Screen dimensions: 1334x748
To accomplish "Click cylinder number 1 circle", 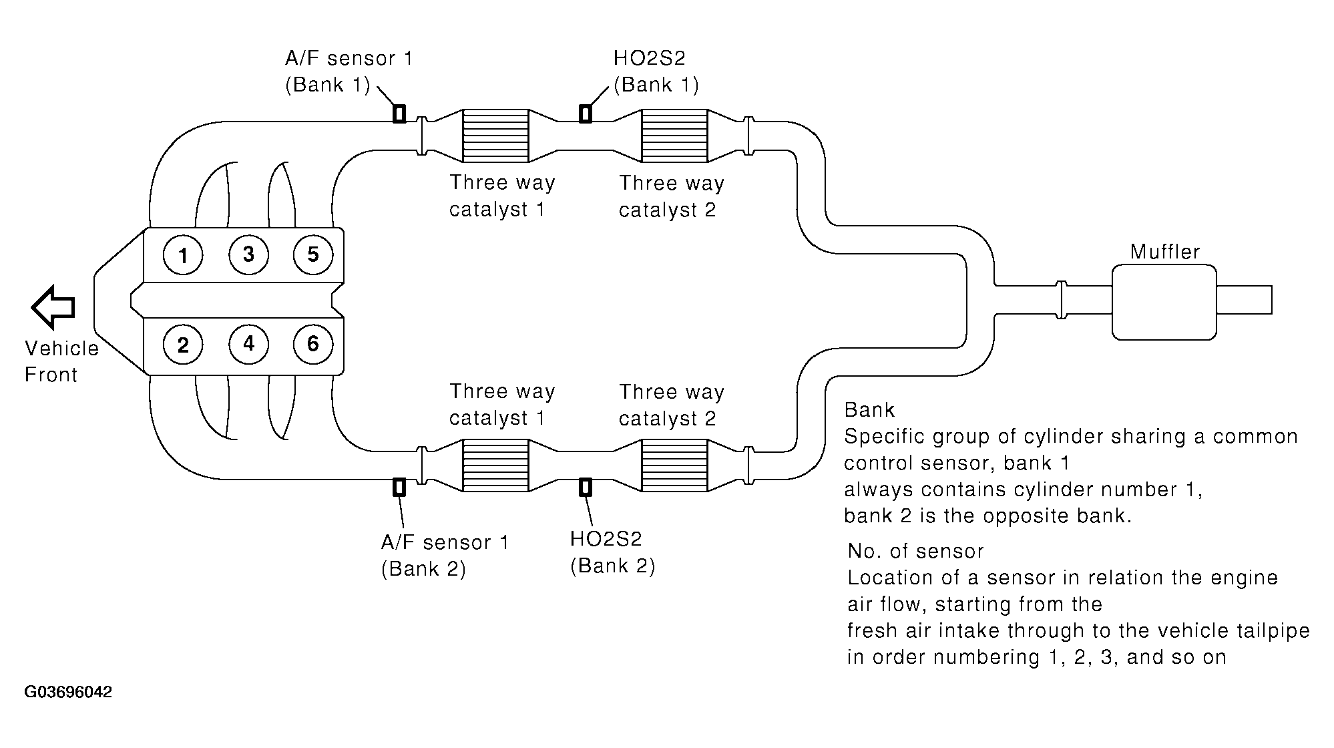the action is tap(183, 255).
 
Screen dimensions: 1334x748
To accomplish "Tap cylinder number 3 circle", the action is tap(248, 254).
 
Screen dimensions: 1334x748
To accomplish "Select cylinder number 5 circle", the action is tap(313, 254).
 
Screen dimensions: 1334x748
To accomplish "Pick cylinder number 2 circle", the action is tap(183, 345).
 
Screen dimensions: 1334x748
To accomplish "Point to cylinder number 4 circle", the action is tap(248, 344).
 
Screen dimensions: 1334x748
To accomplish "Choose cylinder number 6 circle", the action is tap(313, 344).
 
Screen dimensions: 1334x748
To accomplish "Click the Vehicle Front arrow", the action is tap(53, 307).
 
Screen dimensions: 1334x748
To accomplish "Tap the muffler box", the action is tap(1164, 302).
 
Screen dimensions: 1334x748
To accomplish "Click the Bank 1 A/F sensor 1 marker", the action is tap(399, 114).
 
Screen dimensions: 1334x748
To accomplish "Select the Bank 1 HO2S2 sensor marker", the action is tap(585, 114).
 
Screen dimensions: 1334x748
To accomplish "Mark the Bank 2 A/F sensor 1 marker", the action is tap(399, 488).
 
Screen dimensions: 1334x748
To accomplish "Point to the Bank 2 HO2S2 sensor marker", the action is tap(585, 488).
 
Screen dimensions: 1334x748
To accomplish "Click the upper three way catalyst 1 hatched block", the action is tap(495, 136).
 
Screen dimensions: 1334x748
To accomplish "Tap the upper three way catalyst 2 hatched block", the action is tap(674, 136).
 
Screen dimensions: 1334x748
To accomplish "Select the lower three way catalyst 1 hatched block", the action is tap(495, 465).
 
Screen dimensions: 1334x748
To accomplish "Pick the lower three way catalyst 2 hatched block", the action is tap(674, 465).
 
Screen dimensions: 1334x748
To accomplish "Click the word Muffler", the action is tap(1165, 252).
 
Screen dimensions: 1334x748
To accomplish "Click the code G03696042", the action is tap(68, 692).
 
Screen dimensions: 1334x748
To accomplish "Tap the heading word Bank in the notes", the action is tap(869, 409).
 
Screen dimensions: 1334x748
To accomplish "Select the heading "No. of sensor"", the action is tap(915, 551).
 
